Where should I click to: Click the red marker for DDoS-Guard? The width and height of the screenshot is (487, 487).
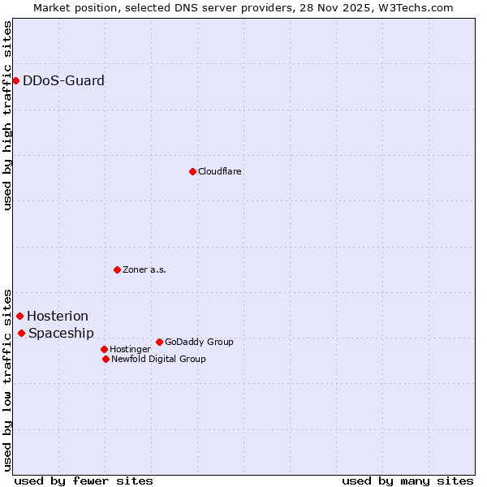pos(15,80)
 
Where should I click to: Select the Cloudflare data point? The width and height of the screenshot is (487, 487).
pos(192,171)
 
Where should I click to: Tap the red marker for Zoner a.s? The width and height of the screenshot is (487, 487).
pos(117,269)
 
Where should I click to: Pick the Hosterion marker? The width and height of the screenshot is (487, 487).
pos(19,316)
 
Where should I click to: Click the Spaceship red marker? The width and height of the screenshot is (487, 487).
pos(21,333)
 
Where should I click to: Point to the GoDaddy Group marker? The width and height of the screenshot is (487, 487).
pos(159,342)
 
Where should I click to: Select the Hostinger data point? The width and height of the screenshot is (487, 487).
pos(104,349)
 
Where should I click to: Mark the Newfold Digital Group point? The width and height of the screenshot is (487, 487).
pos(106,359)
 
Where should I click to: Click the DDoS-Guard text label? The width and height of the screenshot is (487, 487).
pos(63,81)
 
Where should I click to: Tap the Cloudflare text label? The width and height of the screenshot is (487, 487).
pos(219,172)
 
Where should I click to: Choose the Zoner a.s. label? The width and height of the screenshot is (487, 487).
pos(144,270)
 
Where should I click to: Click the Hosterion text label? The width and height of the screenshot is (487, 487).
pos(58,317)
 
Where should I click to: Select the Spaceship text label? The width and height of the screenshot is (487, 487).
pos(61,334)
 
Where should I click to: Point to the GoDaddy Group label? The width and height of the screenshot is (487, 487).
pos(199,343)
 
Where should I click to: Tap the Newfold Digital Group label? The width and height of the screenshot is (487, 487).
pos(158,360)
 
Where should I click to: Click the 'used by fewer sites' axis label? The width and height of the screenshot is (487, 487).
pos(84,481)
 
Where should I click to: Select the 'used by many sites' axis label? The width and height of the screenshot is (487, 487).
pos(407,481)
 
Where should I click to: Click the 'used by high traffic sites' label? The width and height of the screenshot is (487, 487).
pos(7,115)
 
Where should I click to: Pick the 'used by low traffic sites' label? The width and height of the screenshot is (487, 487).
pos(7,379)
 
